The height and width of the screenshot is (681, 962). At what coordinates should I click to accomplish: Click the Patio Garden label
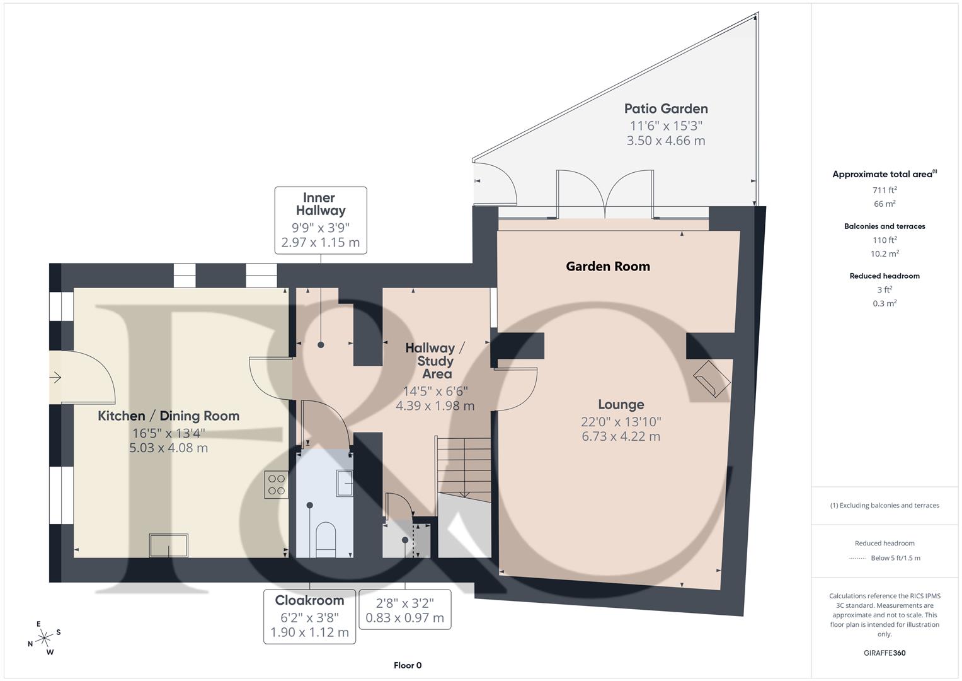click(x=666, y=109)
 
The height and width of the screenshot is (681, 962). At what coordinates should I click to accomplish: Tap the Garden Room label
click(x=608, y=267)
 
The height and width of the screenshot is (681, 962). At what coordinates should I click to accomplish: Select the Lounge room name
click(x=621, y=405)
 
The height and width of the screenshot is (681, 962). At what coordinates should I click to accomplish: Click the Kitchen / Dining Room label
click(x=168, y=416)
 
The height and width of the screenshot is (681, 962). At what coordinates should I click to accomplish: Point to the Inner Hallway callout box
click(x=321, y=220)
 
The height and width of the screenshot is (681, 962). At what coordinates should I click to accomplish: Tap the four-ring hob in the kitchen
click(x=277, y=484)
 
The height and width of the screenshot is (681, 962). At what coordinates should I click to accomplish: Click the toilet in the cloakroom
click(x=325, y=538)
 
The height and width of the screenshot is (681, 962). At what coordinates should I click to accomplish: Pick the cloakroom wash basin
click(x=345, y=483)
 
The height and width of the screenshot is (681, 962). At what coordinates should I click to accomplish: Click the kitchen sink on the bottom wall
click(x=168, y=545)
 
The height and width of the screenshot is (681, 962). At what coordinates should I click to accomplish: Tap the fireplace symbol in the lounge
click(x=711, y=379)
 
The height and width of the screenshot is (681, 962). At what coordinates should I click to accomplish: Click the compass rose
click(x=44, y=638)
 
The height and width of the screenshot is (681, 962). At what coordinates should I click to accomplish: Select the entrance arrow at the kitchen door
click(x=55, y=378)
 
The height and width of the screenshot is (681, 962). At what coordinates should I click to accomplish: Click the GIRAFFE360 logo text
click(x=885, y=653)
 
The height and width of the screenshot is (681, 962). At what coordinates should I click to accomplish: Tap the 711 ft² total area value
click(x=885, y=190)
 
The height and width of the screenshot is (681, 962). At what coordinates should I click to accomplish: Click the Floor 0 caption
click(x=408, y=665)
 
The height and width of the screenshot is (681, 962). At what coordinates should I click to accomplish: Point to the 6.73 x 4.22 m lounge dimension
click(x=621, y=436)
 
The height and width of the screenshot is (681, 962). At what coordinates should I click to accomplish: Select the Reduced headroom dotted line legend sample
click(x=857, y=558)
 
